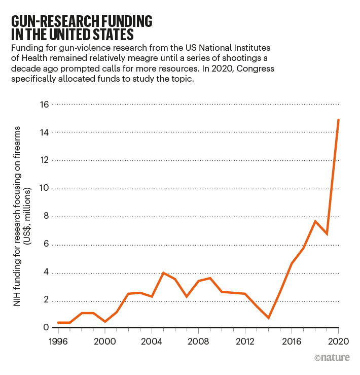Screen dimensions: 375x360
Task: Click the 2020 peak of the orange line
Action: tap(338, 120)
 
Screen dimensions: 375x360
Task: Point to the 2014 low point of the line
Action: tap(268, 318)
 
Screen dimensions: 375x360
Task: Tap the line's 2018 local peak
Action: tap(315, 221)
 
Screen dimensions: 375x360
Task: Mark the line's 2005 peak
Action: tap(163, 273)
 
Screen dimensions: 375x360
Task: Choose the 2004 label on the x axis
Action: tap(151, 340)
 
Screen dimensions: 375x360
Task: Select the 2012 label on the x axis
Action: tap(244, 340)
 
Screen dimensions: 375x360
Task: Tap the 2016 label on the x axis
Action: tap(291, 340)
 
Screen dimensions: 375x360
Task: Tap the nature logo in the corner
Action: tap(332, 358)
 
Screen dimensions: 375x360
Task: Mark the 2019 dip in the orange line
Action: tap(327, 234)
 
